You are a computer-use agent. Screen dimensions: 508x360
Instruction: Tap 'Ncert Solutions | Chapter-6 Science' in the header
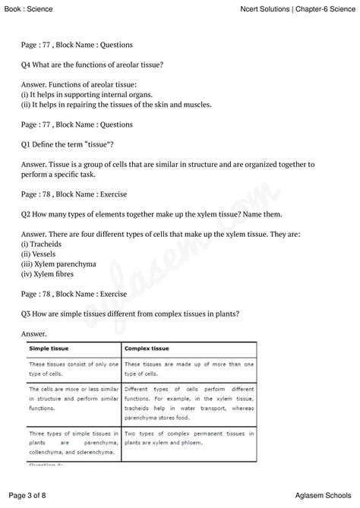(291, 7)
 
